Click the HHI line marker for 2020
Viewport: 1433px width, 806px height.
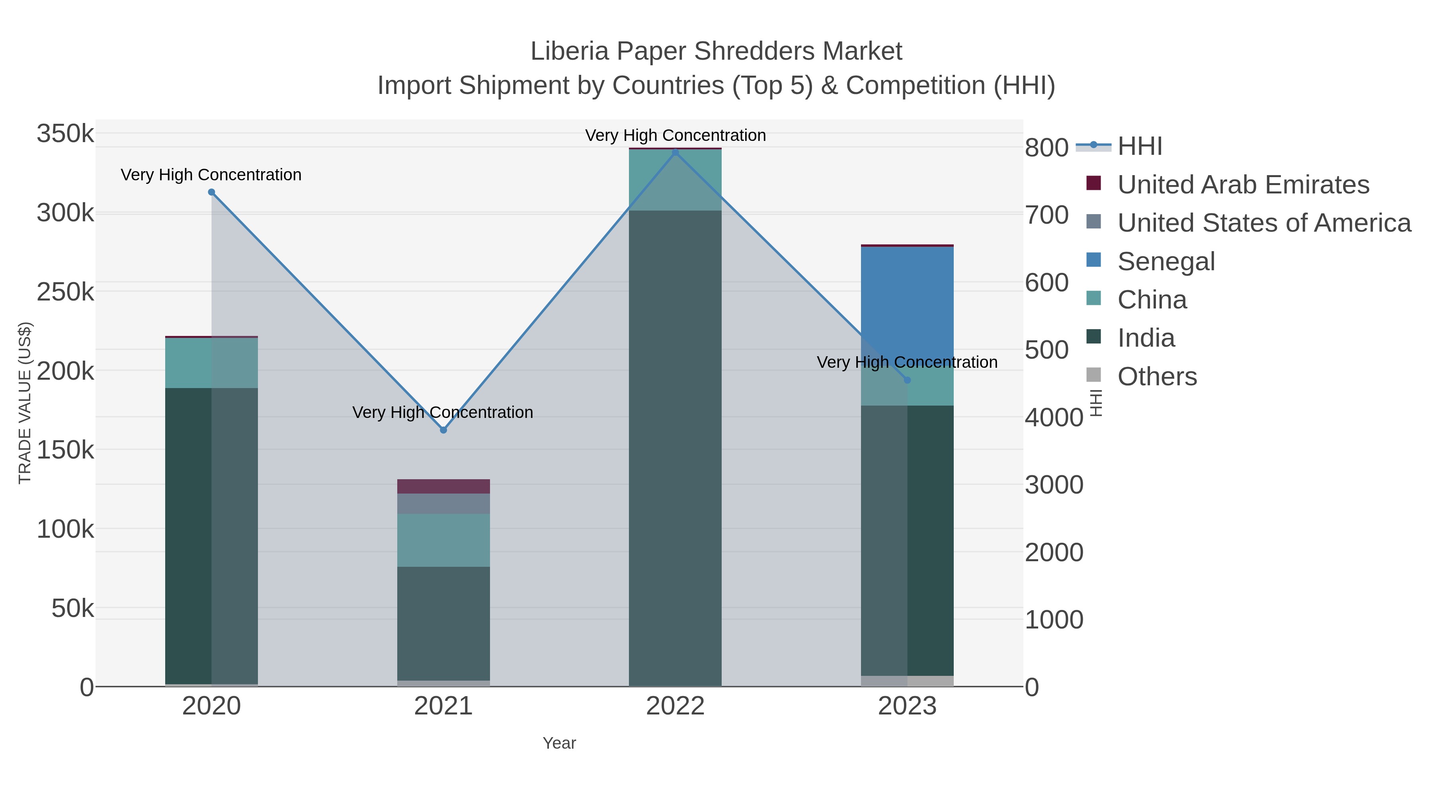coord(211,193)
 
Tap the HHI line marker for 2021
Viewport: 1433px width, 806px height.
coord(443,430)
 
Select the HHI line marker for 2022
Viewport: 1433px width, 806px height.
coord(676,152)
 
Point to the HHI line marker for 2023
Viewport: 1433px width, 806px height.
coord(907,381)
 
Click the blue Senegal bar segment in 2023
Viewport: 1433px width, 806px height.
coord(907,301)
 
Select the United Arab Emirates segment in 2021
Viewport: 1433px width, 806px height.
coord(443,486)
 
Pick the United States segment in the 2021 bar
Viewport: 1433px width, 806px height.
coord(443,504)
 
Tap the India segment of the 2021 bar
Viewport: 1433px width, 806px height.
coord(443,623)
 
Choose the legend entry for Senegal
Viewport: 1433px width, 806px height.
coord(1166,262)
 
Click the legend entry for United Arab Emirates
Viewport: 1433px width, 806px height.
coord(1243,185)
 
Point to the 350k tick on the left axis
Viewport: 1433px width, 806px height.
coord(66,134)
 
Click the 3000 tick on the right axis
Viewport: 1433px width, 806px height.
coord(1054,484)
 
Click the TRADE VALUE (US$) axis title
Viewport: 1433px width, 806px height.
coord(25,403)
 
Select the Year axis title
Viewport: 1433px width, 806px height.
coord(559,743)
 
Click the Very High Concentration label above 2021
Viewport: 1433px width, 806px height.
coord(443,412)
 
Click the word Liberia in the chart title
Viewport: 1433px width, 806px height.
coord(570,51)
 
